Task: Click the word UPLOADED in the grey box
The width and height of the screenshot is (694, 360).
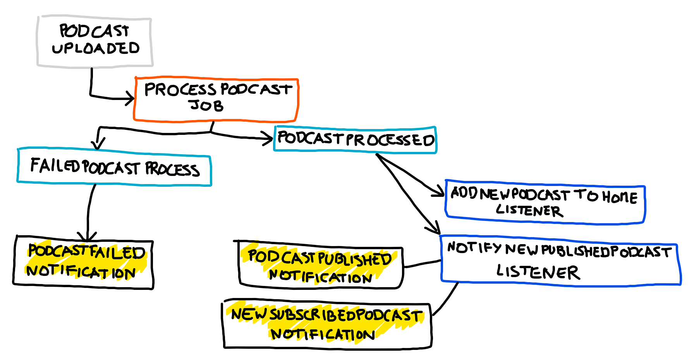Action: (x=96, y=48)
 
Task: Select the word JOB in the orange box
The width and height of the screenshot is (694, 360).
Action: (x=206, y=105)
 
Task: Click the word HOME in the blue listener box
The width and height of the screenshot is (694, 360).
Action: (x=620, y=197)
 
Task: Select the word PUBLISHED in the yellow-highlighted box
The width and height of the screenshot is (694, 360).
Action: (x=355, y=259)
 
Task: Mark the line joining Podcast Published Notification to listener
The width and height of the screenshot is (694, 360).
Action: (x=422, y=264)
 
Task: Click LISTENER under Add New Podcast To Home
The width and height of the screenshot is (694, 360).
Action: (x=529, y=210)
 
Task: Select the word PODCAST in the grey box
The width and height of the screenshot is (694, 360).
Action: (x=94, y=31)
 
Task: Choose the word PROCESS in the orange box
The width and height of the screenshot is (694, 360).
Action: (x=180, y=90)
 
